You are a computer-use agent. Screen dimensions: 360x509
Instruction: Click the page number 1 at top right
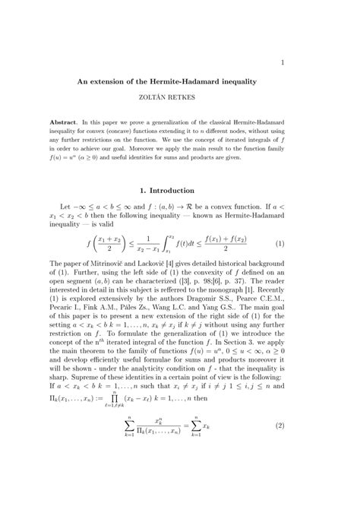(x=282, y=62)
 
